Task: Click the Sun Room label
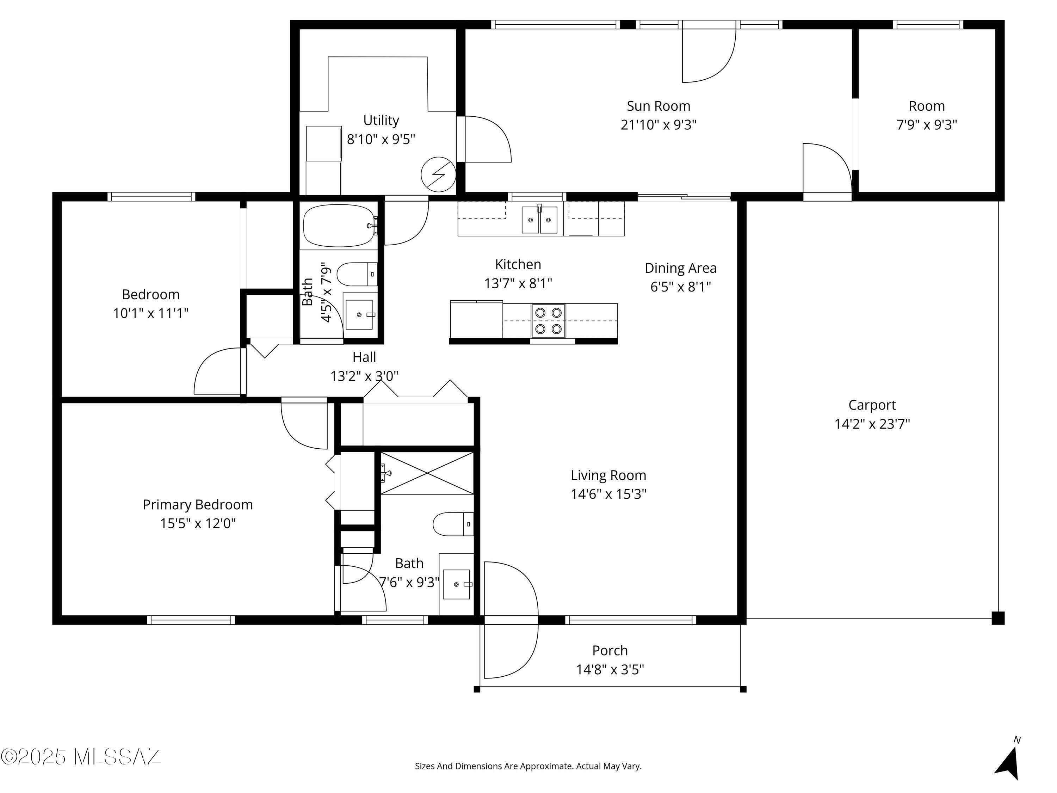click(658, 106)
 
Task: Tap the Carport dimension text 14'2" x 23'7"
click(872, 424)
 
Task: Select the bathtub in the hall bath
click(339, 226)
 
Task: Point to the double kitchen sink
click(539, 220)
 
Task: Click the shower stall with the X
click(427, 473)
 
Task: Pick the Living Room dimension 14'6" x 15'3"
click(608, 494)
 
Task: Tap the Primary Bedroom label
click(197, 504)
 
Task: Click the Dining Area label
click(680, 268)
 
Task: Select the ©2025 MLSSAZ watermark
click(80, 756)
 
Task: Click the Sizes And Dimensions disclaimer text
click(528, 766)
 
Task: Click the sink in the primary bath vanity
click(456, 584)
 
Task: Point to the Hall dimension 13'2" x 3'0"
click(364, 376)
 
